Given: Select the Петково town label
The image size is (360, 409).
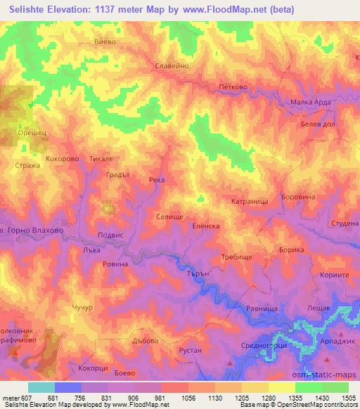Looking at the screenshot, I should [x=233, y=88].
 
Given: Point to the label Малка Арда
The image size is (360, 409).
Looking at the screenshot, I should [x=311, y=103].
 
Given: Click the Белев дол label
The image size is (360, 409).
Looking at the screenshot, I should [x=315, y=122].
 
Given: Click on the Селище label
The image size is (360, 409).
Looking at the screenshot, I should [x=169, y=217].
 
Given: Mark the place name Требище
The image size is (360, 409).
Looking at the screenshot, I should [x=236, y=258].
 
